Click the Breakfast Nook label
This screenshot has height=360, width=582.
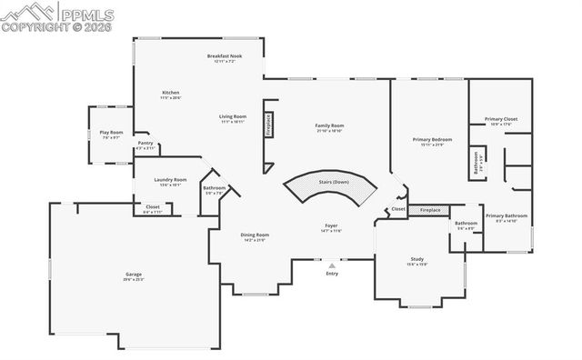tap(224, 56)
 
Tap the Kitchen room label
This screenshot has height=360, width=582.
tap(170, 94)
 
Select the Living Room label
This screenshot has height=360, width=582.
tap(233, 116)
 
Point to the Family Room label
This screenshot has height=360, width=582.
tap(329, 125)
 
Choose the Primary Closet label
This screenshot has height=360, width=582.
tap(500, 119)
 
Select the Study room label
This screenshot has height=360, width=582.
tap(416, 260)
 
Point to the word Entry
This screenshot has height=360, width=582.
tap(332, 273)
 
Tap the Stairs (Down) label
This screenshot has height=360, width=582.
tap(334, 182)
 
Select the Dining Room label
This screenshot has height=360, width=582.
tap(254, 235)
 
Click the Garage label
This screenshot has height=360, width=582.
tap(134, 274)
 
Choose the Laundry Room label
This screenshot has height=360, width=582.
tap(170, 180)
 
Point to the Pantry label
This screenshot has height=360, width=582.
tap(145, 143)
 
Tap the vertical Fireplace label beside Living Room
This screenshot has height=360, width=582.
tap(268, 124)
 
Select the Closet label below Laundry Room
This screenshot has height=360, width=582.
tap(153, 207)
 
